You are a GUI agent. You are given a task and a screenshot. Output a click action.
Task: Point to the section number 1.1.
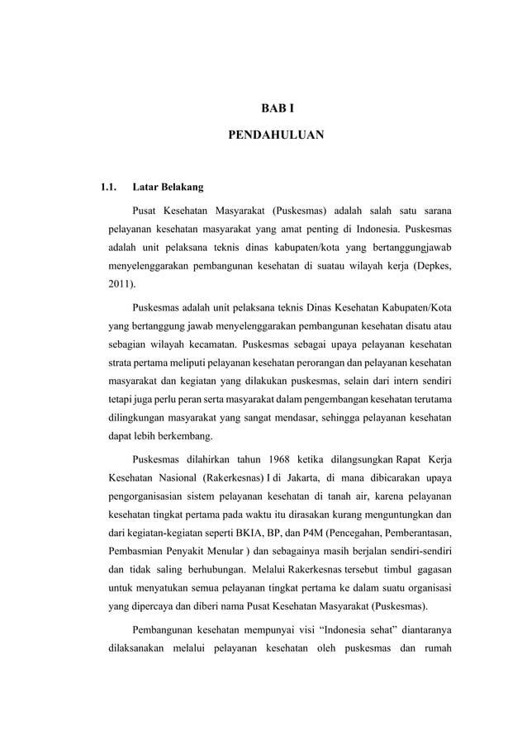point(107,187)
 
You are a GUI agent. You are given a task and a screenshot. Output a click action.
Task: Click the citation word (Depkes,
point(429,266)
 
